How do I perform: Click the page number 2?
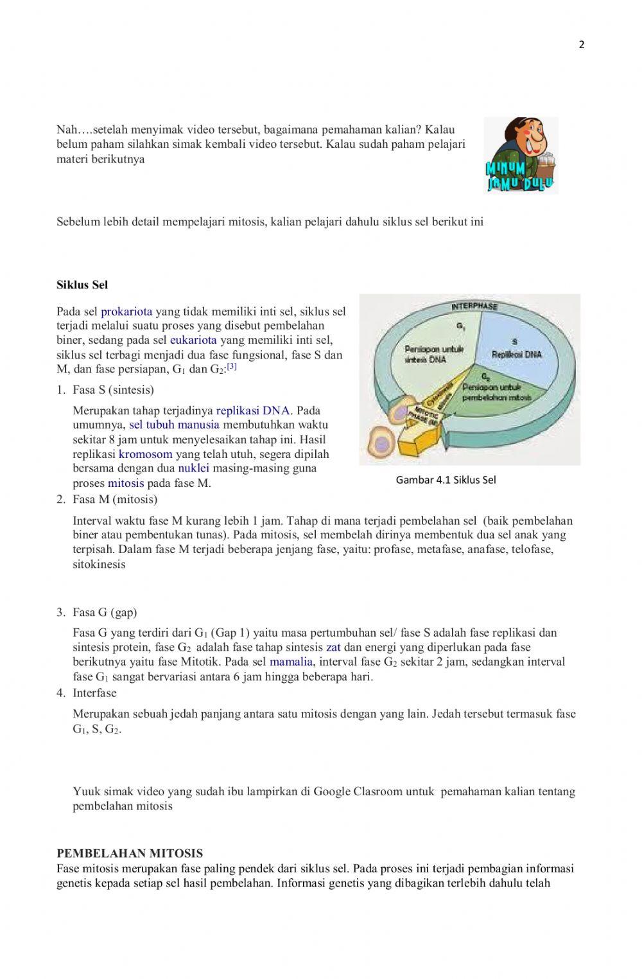point(582,45)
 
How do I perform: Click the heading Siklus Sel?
point(82,285)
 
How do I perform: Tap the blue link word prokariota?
point(126,312)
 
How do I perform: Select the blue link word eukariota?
point(193,340)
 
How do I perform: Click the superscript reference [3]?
point(232,367)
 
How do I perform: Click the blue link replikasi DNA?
point(253,410)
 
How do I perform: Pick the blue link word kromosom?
point(146,454)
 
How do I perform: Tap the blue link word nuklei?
point(193,468)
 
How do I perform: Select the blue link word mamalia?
point(291,662)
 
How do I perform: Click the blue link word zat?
point(333,648)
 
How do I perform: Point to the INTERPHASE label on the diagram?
point(474,306)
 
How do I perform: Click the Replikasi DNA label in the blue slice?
point(517,354)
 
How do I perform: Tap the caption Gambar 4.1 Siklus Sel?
point(446,480)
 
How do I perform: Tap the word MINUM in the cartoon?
point(505,169)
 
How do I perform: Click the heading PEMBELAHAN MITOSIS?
point(130,853)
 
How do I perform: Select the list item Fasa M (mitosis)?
point(115,499)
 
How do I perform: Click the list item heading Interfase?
point(94,693)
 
